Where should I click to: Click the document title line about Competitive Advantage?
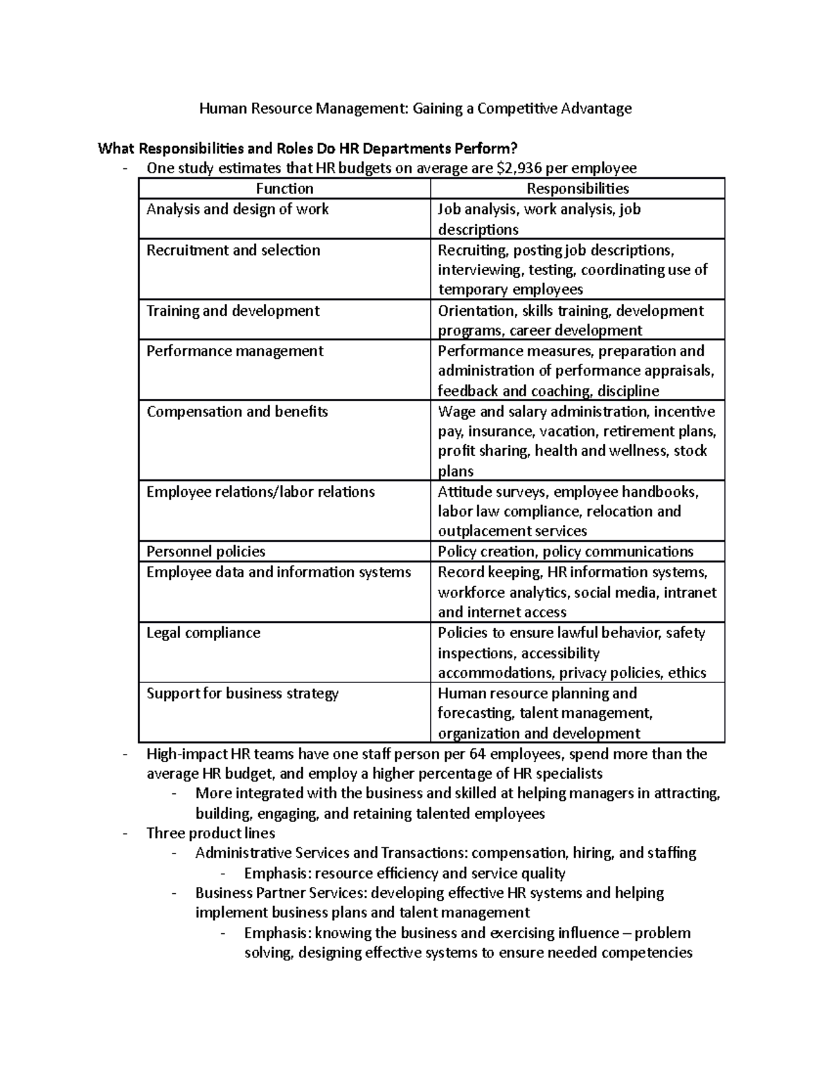point(415,108)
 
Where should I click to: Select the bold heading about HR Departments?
point(307,148)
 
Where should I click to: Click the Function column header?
point(285,188)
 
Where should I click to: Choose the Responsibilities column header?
point(578,188)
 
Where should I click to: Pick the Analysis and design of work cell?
point(238,209)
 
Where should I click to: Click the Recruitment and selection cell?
point(233,250)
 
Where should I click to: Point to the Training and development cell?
point(233,310)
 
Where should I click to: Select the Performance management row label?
point(235,351)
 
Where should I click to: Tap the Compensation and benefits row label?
point(237,412)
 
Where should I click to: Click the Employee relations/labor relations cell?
point(260,492)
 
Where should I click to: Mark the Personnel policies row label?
point(206,552)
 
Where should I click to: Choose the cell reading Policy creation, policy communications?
point(565,552)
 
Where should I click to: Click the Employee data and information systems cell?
point(278,572)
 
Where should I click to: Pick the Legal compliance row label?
point(203,633)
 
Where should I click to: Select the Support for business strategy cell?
point(242,694)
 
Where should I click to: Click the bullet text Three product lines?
point(211,833)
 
